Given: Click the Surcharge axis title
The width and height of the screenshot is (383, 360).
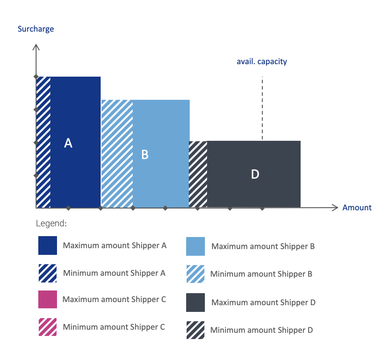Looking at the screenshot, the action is click(36, 29).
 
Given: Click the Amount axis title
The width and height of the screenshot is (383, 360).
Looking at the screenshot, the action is click(357, 208).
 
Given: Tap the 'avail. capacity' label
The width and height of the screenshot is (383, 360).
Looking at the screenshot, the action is click(261, 61).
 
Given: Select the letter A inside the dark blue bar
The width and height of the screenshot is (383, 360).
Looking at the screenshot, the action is click(68, 143).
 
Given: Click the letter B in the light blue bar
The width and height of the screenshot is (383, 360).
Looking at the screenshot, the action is click(145, 155).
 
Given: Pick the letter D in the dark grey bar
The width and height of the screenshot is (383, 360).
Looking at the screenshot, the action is click(255, 174).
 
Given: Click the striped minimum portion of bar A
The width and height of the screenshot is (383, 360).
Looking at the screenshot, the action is click(43, 142).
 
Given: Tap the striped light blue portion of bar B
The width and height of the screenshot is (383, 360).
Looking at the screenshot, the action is click(117, 154).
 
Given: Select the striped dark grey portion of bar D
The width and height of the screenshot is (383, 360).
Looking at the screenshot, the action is click(198, 174).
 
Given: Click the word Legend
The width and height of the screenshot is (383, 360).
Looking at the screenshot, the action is click(51, 223).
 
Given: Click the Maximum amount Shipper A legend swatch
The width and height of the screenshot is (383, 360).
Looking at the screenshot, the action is click(48, 245).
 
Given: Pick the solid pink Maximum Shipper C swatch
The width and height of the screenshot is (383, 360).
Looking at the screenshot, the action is click(48, 299).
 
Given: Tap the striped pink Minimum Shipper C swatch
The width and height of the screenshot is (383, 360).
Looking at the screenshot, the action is click(48, 327).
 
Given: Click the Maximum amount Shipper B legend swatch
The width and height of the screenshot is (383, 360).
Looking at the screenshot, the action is click(196, 246).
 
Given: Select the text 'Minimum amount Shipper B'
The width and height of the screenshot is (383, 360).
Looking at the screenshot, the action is click(261, 274).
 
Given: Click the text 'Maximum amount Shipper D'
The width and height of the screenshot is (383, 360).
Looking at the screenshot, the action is click(263, 303).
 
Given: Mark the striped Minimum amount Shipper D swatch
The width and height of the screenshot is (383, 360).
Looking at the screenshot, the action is click(196, 330).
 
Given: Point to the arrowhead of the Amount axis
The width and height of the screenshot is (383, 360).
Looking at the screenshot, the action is click(335, 208).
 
